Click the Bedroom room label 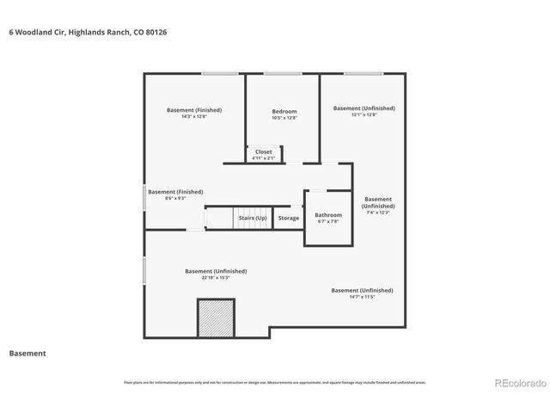click(284, 111)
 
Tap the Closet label click(264, 151)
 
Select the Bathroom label click(328, 214)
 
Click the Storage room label click(289, 218)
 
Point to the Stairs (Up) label click(253, 218)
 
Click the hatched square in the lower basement click(217, 317)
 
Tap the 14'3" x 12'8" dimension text click(194, 116)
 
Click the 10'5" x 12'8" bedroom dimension click(284, 118)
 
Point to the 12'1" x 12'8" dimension click(364, 114)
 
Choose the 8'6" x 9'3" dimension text click(175, 198)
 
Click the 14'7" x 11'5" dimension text click(363, 297)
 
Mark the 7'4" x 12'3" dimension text click(378, 213)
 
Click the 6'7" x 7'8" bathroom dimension click(328, 221)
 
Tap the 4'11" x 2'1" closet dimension click(264, 158)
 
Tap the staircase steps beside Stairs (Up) click(219, 218)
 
